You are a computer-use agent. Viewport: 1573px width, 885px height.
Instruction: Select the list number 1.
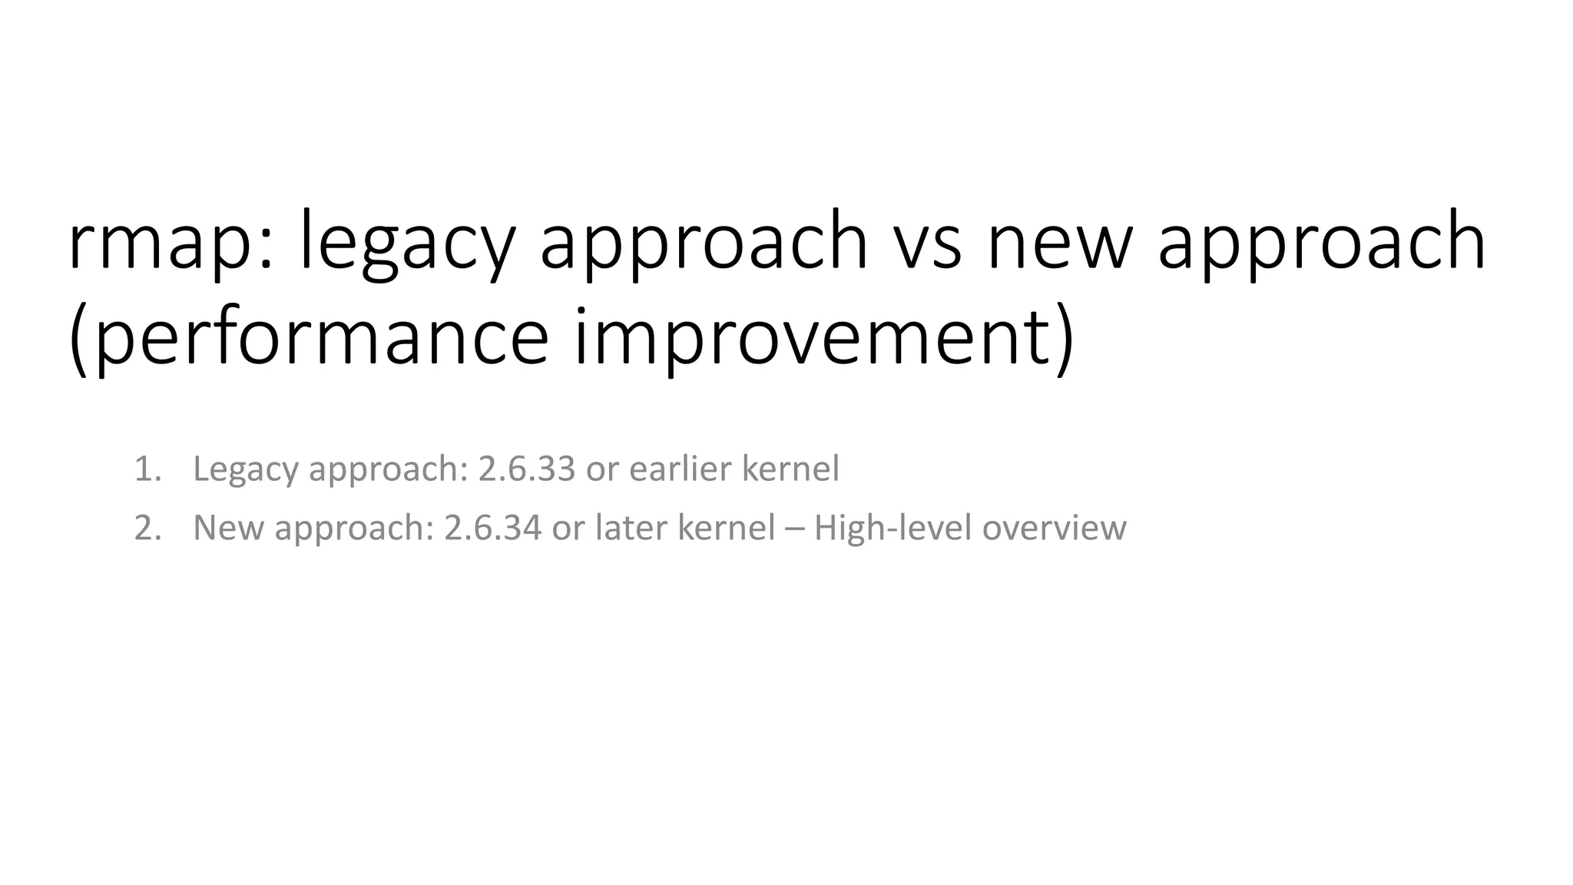click(x=147, y=469)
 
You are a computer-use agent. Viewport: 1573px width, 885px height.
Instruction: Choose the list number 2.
click(x=147, y=528)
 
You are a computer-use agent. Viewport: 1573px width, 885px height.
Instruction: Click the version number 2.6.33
click(x=526, y=469)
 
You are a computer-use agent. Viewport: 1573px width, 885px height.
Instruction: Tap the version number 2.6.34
click(x=492, y=528)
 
